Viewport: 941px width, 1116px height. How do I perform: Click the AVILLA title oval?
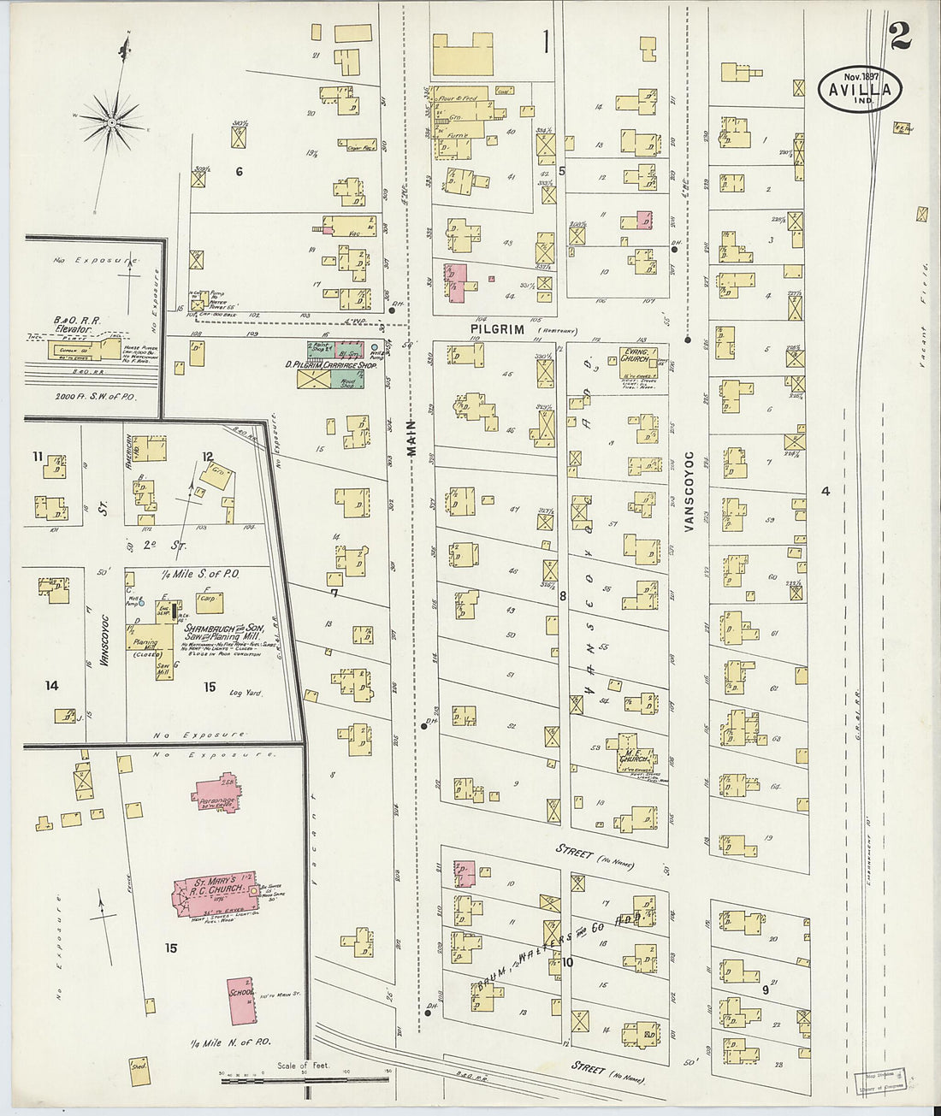859,89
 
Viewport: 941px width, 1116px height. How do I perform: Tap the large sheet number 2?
899,36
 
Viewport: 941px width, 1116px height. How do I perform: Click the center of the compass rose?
111,124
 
